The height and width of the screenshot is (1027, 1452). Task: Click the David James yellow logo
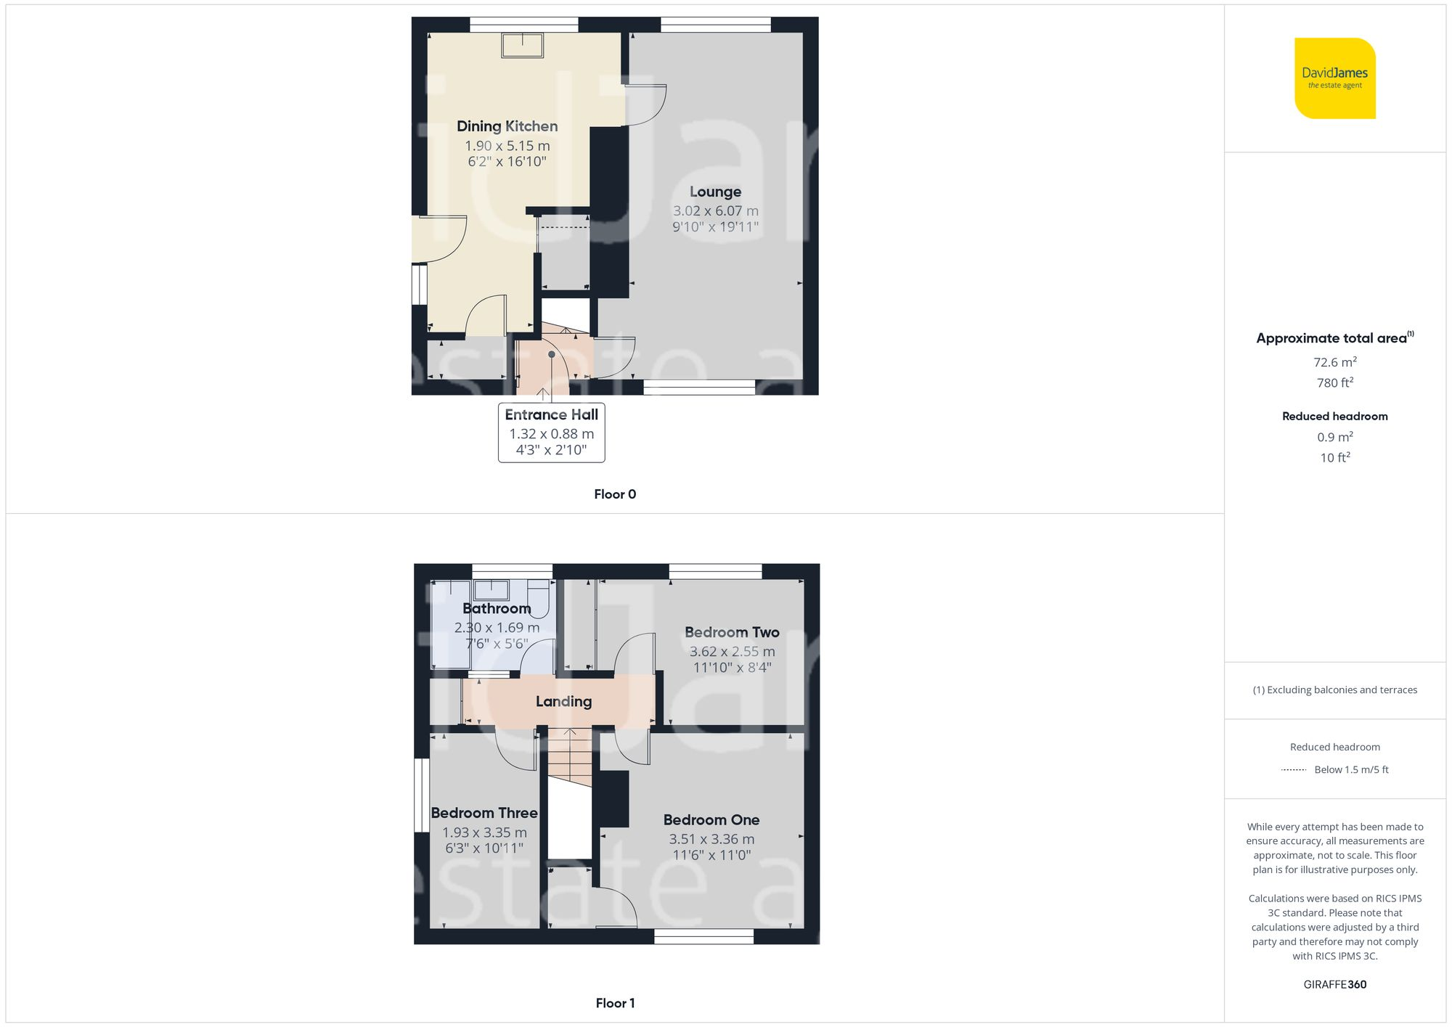tap(1334, 78)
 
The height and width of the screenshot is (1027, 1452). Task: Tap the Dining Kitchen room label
tap(507, 126)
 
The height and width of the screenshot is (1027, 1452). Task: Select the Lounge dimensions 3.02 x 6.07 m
tap(715, 211)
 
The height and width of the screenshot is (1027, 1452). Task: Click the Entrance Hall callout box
tap(551, 433)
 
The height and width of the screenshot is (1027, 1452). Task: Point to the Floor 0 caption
tap(614, 494)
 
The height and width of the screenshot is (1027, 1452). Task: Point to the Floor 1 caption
tap(614, 1003)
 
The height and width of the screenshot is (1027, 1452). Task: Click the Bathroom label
tap(497, 608)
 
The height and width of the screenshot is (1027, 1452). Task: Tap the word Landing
tap(563, 701)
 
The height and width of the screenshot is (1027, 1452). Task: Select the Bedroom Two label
tap(732, 632)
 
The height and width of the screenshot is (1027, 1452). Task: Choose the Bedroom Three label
tap(484, 813)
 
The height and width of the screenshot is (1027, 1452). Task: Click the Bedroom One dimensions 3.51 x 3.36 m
tap(711, 839)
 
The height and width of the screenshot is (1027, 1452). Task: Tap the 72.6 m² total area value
tap(1334, 362)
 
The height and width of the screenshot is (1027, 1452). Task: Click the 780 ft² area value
tap(1334, 382)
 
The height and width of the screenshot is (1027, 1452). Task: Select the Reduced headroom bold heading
tap(1334, 416)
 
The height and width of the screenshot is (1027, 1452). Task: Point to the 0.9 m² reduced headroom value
tap(1334, 437)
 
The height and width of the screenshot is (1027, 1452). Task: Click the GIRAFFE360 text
tap(1334, 984)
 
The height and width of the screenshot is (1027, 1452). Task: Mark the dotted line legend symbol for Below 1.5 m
tap(1294, 770)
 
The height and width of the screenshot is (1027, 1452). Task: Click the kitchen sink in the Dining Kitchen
tap(522, 45)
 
